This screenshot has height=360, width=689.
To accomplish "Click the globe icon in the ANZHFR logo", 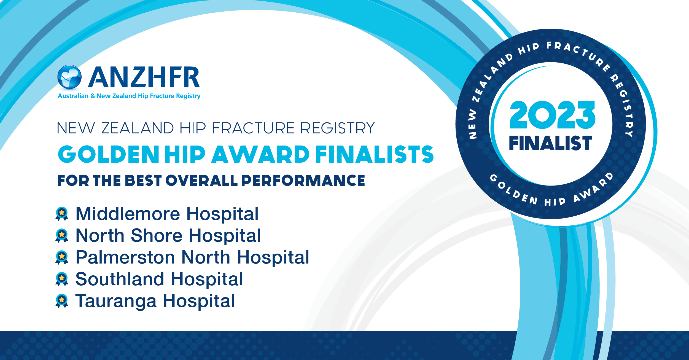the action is tap(69, 77).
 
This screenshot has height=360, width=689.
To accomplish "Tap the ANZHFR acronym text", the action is tap(144, 77).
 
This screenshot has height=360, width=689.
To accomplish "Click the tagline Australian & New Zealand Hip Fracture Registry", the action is tap(129, 96).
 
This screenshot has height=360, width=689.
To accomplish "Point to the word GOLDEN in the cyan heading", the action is tap(109, 154).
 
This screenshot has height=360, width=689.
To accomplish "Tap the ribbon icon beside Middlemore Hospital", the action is tap(62, 214).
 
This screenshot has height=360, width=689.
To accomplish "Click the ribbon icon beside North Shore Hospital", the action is tap(62, 236).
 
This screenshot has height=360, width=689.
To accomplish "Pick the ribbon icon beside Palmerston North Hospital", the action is tap(62, 257).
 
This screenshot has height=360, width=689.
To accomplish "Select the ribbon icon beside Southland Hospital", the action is tap(62, 279).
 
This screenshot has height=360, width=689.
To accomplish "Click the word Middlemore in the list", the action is tap(128, 214).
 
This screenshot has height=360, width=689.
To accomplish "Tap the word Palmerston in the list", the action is tap(126, 257).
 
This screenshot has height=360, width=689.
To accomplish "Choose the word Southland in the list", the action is tap(120, 279).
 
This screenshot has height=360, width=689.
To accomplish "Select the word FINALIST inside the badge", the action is tap(550, 143).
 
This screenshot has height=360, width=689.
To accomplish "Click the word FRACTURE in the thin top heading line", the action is tap(254, 128).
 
